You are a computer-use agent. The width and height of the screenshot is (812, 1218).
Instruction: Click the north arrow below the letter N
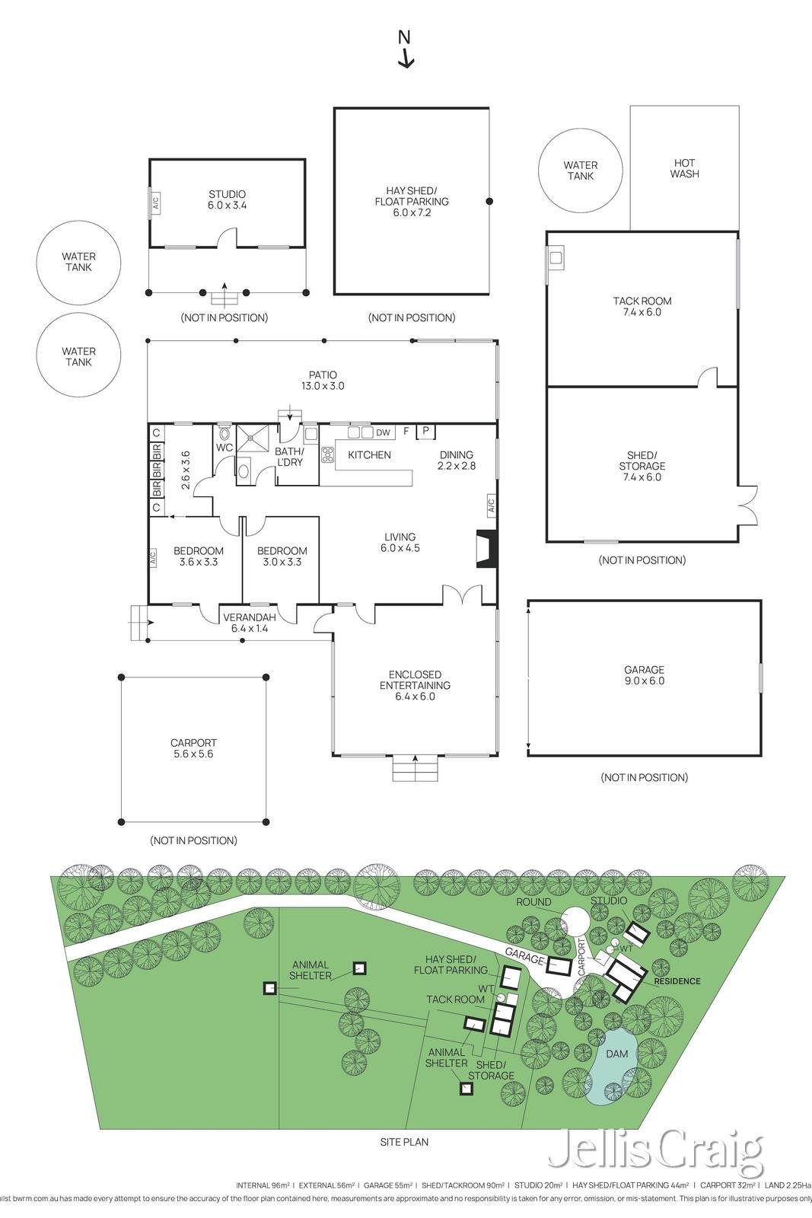click(x=406, y=59)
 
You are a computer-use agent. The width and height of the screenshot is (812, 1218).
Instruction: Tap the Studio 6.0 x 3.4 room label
click(x=227, y=199)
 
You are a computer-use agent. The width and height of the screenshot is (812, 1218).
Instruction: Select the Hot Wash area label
click(x=684, y=168)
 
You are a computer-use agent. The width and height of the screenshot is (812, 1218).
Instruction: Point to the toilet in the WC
click(x=224, y=432)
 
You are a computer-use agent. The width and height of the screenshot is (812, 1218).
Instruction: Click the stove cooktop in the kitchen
click(x=329, y=454)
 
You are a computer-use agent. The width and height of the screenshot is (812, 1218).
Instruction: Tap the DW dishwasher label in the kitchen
click(x=383, y=432)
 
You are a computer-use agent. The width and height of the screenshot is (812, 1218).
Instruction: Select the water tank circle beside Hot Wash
click(x=580, y=171)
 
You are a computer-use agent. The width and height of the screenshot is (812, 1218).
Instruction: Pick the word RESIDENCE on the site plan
click(x=677, y=980)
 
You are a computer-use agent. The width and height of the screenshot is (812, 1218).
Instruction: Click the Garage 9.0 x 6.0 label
click(x=645, y=675)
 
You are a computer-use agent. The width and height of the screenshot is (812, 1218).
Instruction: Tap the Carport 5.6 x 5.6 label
click(x=193, y=748)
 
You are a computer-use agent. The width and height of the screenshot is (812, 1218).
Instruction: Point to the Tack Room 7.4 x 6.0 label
click(x=642, y=306)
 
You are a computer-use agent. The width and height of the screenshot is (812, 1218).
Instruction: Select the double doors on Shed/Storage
click(x=747, y=505)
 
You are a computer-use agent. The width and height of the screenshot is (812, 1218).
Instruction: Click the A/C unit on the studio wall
click(x=154, y=203)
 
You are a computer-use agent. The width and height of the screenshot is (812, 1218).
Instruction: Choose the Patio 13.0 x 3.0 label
click(x=323, y=380)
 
